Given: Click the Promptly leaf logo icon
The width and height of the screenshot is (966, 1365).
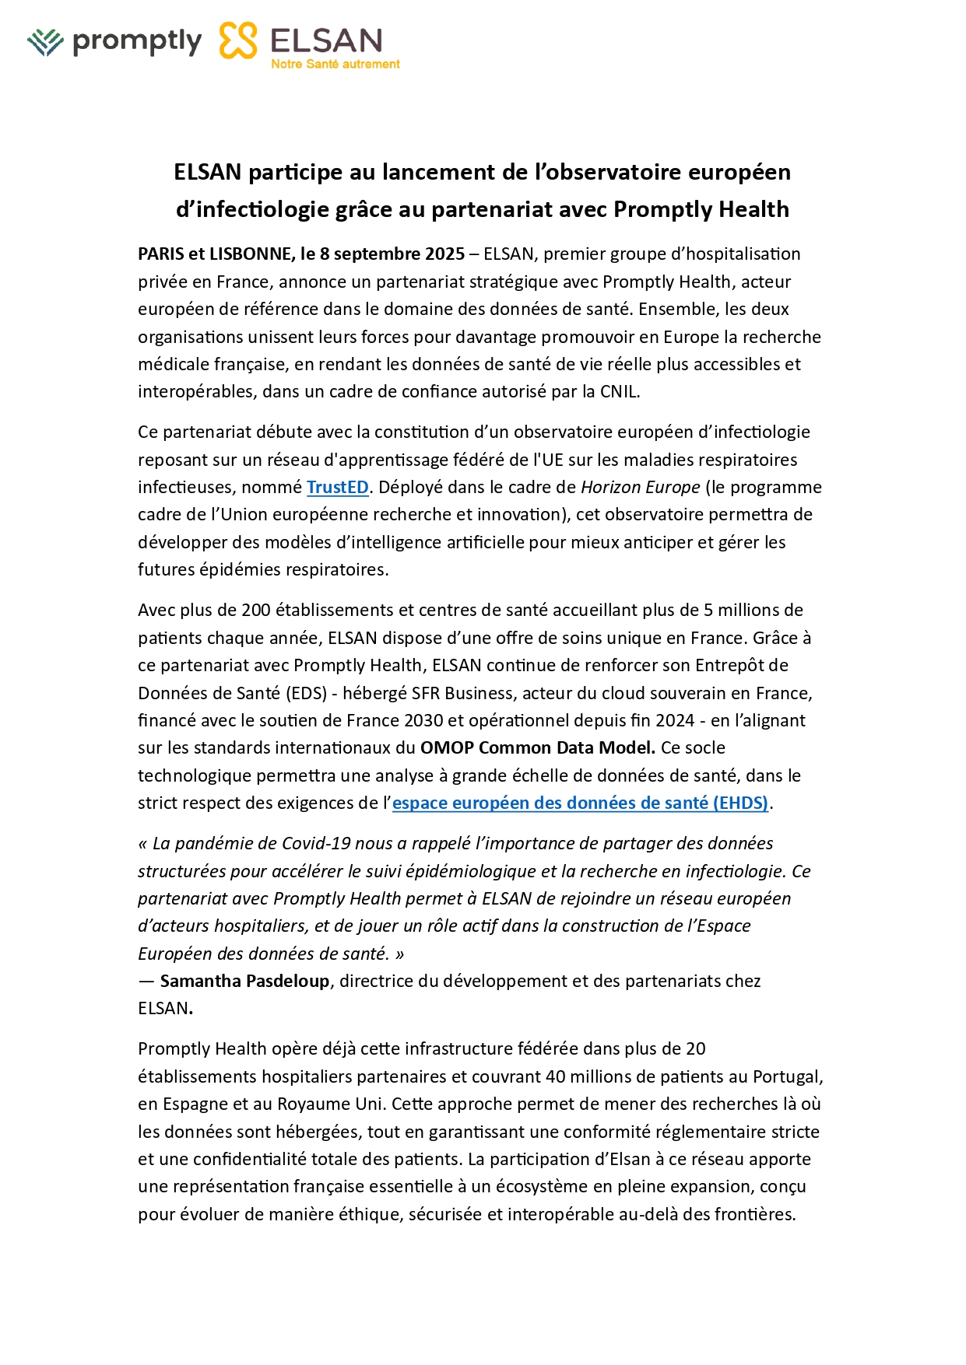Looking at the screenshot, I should click(x=45, y=42).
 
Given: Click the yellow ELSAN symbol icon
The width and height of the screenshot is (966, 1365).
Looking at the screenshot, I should click(x=238, y=40).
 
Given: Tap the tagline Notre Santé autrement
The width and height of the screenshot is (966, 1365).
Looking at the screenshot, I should click(x=335, y=65).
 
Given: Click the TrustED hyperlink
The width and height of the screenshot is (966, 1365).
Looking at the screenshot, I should click(x=337, y=488).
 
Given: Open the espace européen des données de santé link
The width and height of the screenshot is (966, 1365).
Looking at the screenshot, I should click(x=580, y=803).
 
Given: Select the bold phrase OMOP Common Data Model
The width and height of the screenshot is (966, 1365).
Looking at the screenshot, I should click(x=537, y=748).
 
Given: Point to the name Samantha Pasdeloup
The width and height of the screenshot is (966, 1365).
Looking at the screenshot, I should click(x=244, y=982).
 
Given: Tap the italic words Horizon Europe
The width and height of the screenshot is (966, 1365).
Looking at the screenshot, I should click(x=641, y=488).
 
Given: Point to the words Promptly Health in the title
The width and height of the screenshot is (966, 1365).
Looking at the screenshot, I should click(x=701, y=210).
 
